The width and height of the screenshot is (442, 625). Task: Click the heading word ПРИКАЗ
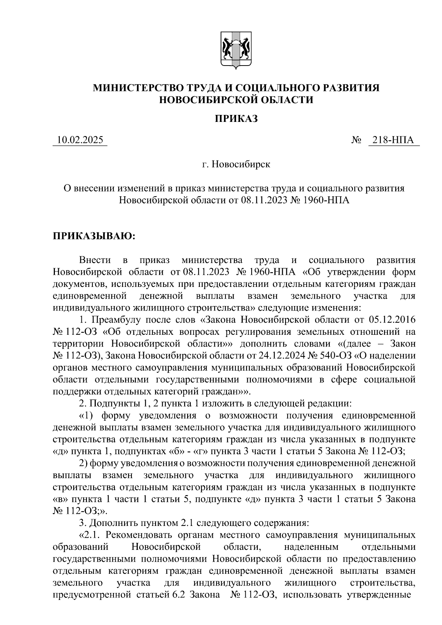click(236, 119)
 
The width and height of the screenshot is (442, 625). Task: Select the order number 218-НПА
click(393, 140)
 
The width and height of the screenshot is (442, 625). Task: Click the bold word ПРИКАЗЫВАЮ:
click(95, 236)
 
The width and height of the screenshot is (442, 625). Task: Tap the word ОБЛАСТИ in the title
click(288, 99)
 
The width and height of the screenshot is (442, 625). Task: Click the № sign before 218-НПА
click(356, 140)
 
